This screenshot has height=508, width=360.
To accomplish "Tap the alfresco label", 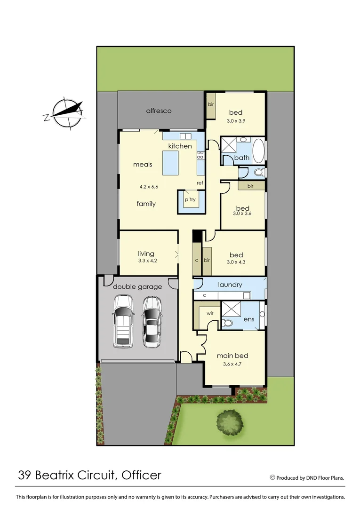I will coord(159,111).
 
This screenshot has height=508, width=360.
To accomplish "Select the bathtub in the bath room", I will coord(259,150).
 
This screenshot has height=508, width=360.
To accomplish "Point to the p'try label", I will coord(190,200).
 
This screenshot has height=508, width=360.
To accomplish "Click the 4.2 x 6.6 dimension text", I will coord(149,187).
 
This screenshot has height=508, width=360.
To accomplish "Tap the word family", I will coord(146,204).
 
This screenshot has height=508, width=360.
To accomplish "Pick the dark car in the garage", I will coord(152,321).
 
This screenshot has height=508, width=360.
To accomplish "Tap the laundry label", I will coord(230,285).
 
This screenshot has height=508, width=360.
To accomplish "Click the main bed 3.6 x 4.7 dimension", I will coord(232,364).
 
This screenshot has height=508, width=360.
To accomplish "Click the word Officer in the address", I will coord(142,475).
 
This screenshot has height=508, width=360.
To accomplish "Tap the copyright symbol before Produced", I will coord(272,477).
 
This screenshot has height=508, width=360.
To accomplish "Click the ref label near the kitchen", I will coord(200,183).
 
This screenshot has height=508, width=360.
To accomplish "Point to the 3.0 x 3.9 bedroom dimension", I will coord(236,120).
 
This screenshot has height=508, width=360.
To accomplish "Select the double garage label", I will coord(137,286).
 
